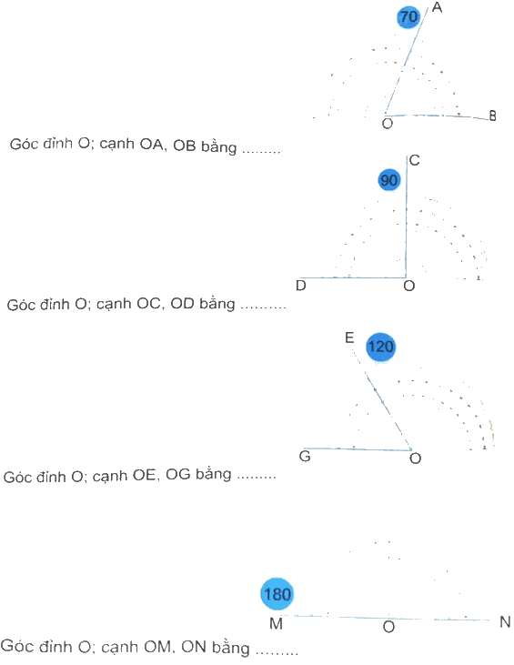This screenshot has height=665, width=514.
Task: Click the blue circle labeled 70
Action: pyautogui.click(x=408, y=17)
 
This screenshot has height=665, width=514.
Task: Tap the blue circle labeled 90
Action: pyautogui.click(x=388, y=180)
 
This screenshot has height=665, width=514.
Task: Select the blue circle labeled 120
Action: pyautogui.click(x=380, y=347)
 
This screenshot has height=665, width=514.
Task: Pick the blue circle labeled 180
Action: pyautogui.click(x=277, y=594)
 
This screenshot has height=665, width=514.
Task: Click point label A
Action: pyautogui.click(x=437, y=7)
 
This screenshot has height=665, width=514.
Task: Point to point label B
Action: pyautogui.click(x=492, y=116)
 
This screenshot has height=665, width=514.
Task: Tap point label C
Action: pyautogui.click(x=414, y=160)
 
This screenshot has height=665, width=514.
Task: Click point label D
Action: pyautogui.click(x=301, y=286)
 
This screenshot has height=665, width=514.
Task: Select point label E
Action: pyautogui.click(x=349, y=338)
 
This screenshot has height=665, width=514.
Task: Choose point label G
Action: pyautogui.click(x=305, y=457)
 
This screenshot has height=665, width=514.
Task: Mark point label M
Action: pyautogui.click(x=276, y=623)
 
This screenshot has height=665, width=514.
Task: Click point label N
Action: pyautogui.click(x=505, y=622)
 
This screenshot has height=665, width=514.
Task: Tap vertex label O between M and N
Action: pyautogui.click(x=388, y=627)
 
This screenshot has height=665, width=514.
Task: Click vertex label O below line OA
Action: pyautogui.click(x=388, y=124)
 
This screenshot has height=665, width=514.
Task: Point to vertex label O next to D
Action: pyautogui.click(x=408, y=286)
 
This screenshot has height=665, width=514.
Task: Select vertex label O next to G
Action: pyautogui.click(x=415, y=458)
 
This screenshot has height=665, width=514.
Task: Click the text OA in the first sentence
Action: pyautogui.click(x=152, y=145)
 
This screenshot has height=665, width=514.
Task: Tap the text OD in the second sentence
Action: pyautogui.click(x=182, y=304)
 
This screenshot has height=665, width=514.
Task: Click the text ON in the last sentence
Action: pyautogui.click(x=193, y=647)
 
